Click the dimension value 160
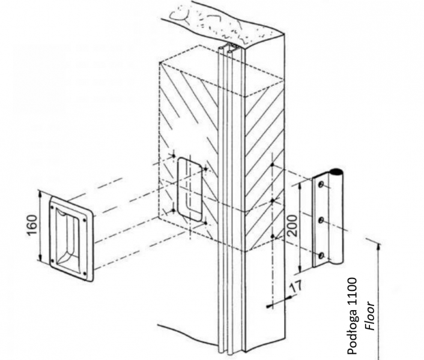pos(32,225)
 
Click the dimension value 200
pos(292,226)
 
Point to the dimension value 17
pos(295,287)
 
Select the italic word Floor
pos(370,316)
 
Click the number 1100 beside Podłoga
pos(352,287)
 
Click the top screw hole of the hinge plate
pos(321,185)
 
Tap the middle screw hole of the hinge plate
pos(321,220)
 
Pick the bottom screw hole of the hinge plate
pos(321,256)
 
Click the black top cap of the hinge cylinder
pos(336,170)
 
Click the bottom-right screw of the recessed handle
pos(85,274)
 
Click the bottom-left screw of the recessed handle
pos(53,260)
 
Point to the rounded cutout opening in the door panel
pos(190,190)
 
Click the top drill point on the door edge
pos(273,164)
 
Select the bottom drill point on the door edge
pos(273,236)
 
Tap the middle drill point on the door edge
pos(273,200)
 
